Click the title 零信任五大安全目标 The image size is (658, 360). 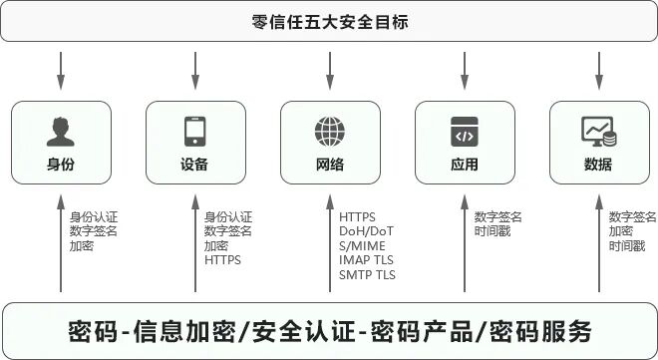(330, 21)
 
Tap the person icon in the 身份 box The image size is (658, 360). (61, 132)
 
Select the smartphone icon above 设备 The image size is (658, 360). (194, 132)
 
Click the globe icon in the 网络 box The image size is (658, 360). (329, 132)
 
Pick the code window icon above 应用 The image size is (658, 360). (464, 132)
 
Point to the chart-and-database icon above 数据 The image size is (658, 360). (598, 131)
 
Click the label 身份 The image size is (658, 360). (61, 165)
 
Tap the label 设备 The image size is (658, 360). (194, 165)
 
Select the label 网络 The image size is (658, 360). (329, 165)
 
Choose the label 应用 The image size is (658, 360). (464, 165)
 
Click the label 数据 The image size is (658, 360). (598, 165)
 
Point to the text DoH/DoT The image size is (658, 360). (366, 231)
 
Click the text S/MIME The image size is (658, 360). (363, 245)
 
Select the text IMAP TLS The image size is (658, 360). (367, 259)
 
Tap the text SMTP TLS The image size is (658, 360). (367, 274)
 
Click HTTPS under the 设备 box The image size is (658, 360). (222, 259)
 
